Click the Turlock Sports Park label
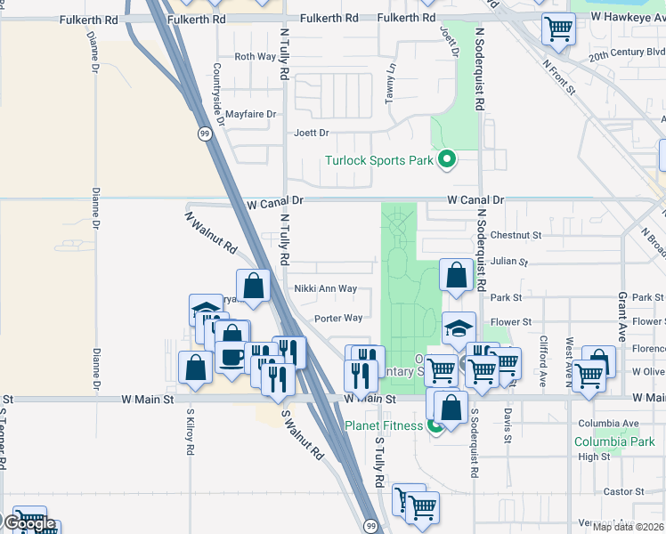pyautogui.click(x=378, y=161)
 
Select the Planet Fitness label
pyautogui.click(x=384, y=425)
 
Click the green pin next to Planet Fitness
pyautogui.click(x=435, y=425)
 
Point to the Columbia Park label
pyautogui.click(x=614, y=441)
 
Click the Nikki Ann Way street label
pyautogui.click(x=326, y=289)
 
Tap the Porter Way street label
pyautogui.click(x=338, y=319)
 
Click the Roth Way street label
pyautogui.click(x=255, y=57)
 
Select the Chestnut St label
pyautogui.click(x=516, y=236)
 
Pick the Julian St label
pyautogui.click(x=508, y=263)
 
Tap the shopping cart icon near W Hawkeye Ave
pyautogui.click(x=559, y=28)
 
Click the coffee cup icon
pyautogui.click(x=233, y=357)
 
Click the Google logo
pyautogui.click(x=28, y=523)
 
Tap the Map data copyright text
pyautogui.click(x=629, y=527)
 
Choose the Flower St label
pyautogui.click(x=511, y=322)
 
